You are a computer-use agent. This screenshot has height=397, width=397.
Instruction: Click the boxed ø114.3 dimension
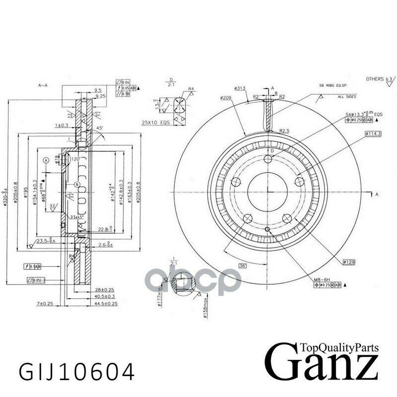pyautogui.click(x=372, y=134)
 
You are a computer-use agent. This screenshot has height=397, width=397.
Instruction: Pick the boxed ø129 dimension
pyautogui.click(x=349, y=261)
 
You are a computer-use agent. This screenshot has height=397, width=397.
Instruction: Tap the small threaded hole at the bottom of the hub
pyautogui.click(x=267, y=230)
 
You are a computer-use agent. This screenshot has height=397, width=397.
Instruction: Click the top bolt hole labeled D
pyautogui.click(x=268, y=159)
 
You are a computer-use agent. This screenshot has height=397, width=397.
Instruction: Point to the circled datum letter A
pyautogui.click(x=46, y=160)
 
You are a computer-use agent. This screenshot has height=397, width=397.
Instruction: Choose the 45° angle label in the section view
pyautogui.click(x=101, y=128)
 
